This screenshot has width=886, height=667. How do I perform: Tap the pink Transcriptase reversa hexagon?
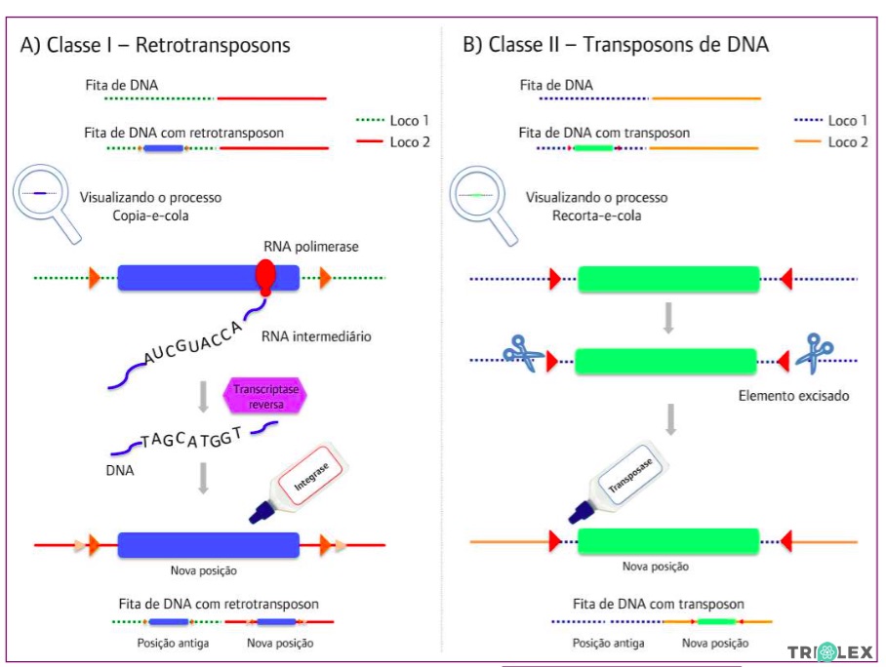coord(264,396)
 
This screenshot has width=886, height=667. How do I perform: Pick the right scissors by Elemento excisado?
coord(811,353)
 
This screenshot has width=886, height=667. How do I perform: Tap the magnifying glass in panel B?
coord(485,202)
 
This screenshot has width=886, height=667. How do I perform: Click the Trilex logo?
coord(829,651)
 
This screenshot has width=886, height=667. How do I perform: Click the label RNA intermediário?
coord(316,336)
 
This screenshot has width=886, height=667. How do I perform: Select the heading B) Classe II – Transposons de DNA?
coord(615,45)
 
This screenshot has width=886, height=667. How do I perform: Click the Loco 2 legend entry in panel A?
coord(393,142)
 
